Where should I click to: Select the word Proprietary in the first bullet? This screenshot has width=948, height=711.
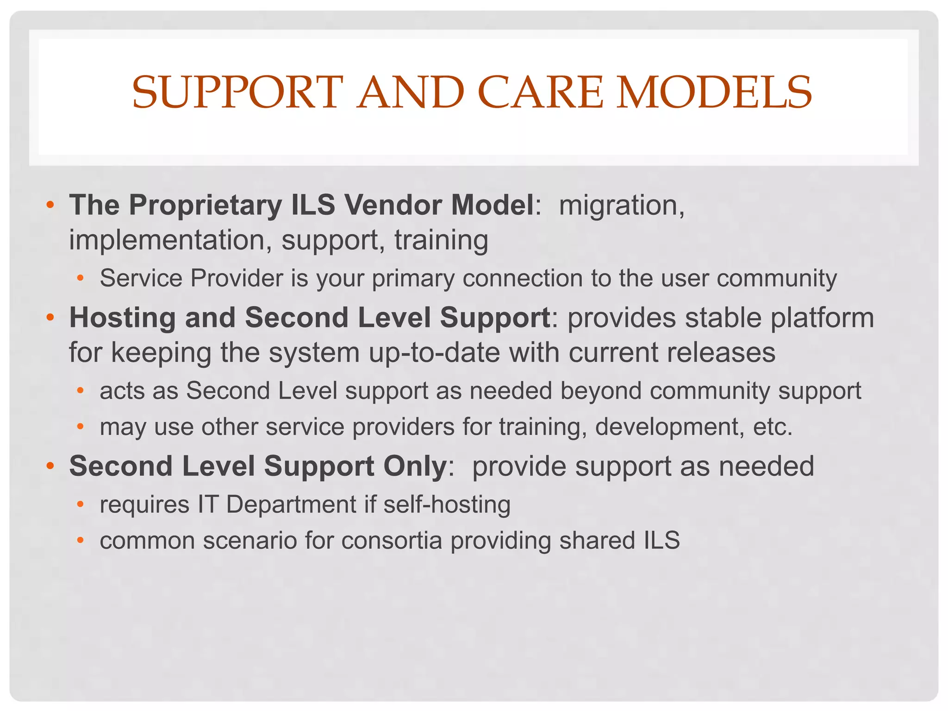[205, 205]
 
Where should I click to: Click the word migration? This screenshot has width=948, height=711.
[621, 205]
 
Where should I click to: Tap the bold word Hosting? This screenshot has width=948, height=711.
[122, 318]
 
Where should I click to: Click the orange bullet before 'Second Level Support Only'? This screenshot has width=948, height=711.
[50, 466]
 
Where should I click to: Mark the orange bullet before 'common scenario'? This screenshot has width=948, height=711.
[81, 540]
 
